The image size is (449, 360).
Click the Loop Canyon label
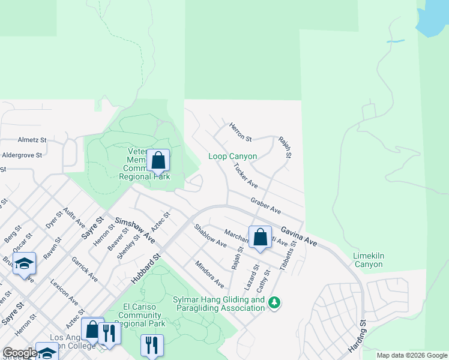(x=232, y=157)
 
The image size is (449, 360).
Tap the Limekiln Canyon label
(x=368, y=260)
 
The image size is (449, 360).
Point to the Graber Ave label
(x=266, y=206)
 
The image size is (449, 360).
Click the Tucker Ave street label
(x=245, y=175)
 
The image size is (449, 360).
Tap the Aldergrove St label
(x=22, y=155)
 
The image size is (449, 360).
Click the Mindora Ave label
(x=209, y=274)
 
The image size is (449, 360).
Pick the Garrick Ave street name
(x=84, y=270)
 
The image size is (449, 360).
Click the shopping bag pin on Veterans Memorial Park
(x=158, y=161)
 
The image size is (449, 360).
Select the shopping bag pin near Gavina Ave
(x=260, y=237)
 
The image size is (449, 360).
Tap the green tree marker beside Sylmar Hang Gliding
(x=274, y=302)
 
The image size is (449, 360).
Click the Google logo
(x=20, y=353)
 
